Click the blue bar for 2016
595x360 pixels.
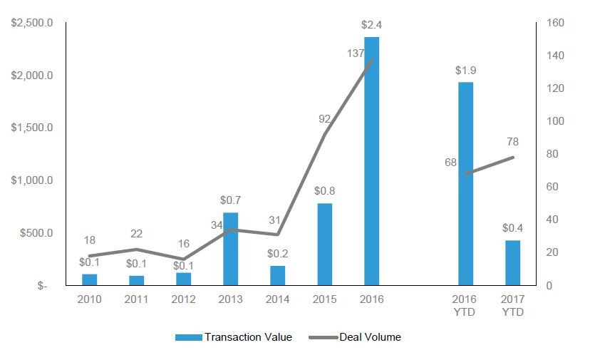pos(371,161)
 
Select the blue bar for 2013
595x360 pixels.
pos(230,249)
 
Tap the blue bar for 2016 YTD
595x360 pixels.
pos(465,183)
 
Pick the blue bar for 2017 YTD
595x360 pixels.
pos(512,263)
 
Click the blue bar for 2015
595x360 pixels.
pos(324,245)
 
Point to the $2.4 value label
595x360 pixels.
pos(371,25)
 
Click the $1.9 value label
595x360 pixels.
pos(465,71)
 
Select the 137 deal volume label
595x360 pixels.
pos(356,53)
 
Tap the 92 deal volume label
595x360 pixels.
pos(324,119)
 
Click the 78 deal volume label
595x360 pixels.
pos(512,142)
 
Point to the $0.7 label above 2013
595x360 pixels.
pos(230,200)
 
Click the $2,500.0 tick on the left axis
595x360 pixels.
pos(32,23)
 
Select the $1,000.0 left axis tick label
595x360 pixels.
pos(32,180)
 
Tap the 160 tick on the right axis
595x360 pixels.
pos(555,23)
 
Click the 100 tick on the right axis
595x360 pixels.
pos(555,121)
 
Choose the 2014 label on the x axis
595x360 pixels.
pos(277,299)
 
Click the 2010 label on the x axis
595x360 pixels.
pos(89,299)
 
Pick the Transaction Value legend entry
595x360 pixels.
pos(234,337)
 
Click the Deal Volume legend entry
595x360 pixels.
pos(355,337)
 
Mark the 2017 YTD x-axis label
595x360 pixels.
pos(512,306)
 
